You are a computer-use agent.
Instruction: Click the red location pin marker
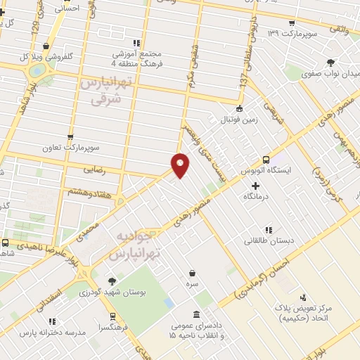pos(180,165)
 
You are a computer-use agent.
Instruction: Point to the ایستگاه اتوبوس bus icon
pos(265,160)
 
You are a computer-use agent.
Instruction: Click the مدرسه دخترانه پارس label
pos(53,331)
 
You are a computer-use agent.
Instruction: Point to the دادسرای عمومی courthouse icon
pos(195,314)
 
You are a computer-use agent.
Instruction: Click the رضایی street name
pos(98,169)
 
